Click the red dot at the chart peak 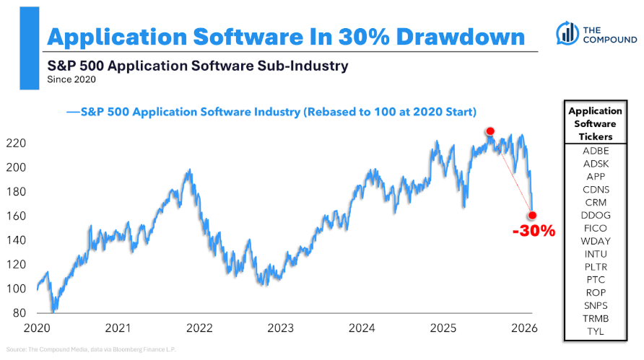[x=490, y=131]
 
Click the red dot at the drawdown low [x=533, y=215]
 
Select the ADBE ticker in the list [x=595, y=150]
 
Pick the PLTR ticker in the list [x=595, y=267]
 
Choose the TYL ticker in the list [x=595, y=332]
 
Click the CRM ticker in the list [x=595, y=202]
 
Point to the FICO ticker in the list [x=595, y=228]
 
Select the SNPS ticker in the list [x=595, y=306]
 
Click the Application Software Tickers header [x=595, y=123]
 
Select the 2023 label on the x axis [x=280, y=328]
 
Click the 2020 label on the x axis [x=36, y=328]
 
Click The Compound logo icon [x=568, y=32]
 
